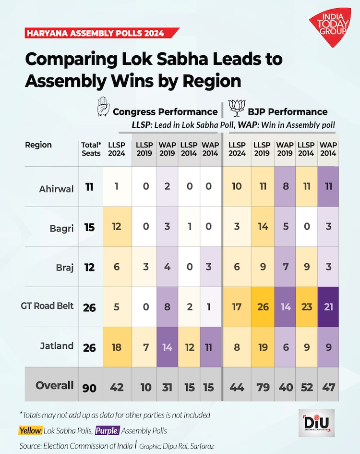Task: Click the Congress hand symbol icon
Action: tap(102, 107)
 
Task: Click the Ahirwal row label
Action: tap(57, 189)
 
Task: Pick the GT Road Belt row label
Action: tap(47, 306)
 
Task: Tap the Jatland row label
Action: tap(57, 345)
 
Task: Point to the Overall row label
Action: tap(55, 385)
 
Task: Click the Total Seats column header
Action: tap(91, 149)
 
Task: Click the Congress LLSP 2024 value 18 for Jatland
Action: tap(117, 347)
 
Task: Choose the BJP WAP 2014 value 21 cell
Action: tap(328, 307)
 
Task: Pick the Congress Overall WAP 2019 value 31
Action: tap(167, 387)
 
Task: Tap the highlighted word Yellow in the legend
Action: tap(30, 430)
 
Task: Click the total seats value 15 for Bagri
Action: tap(89, 227)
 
